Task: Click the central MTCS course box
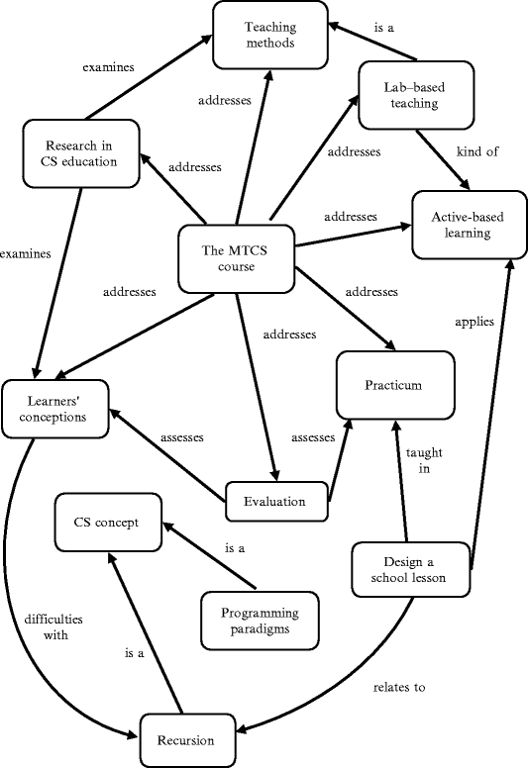click(x=237, y=259)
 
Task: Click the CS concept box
click(x=108, y=523)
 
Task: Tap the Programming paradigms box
click(x=262, y=620)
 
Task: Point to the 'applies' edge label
click(x=474, y=322)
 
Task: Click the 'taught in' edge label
click(x=424, y=461)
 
